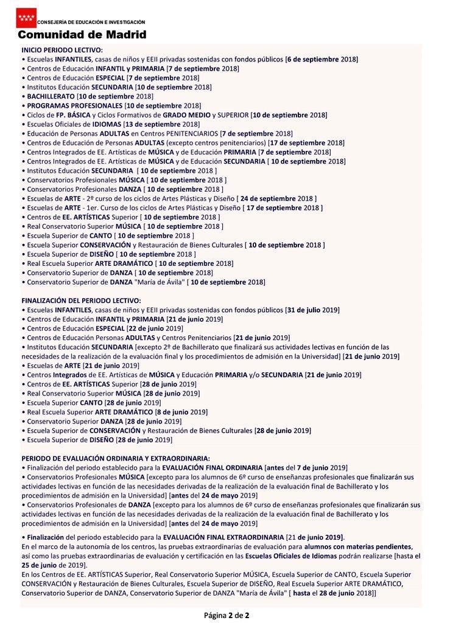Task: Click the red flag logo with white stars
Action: [26, 18]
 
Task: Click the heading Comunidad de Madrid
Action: [82, 35]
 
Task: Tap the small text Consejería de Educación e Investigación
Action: [91, 22]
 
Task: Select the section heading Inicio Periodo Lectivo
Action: [62, 50]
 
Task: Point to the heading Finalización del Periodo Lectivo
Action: [81, 301]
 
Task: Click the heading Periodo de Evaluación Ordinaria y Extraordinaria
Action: [116, 458]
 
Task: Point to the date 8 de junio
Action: [160, 412]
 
